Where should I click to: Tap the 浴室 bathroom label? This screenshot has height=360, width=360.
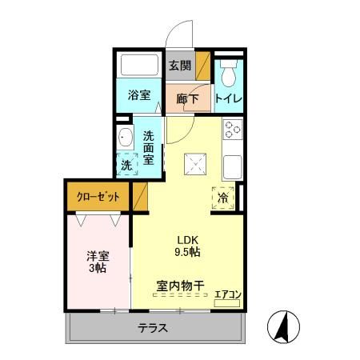(x=139, y=95)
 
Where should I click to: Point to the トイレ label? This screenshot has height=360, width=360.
(x=230, y=98)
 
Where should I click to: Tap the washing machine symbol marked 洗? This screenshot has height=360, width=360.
(x=127, y=165)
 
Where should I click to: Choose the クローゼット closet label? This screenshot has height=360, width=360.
(x=98, y=197)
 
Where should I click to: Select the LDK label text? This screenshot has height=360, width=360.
(x=186, y=238)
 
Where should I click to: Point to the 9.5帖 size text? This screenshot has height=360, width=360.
(x=187, y=252)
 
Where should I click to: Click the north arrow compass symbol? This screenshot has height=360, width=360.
(x=282, y=327)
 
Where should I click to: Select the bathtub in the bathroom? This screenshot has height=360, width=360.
(x=140, y=66)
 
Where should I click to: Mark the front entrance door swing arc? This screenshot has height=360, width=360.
(x=180, y=37)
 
